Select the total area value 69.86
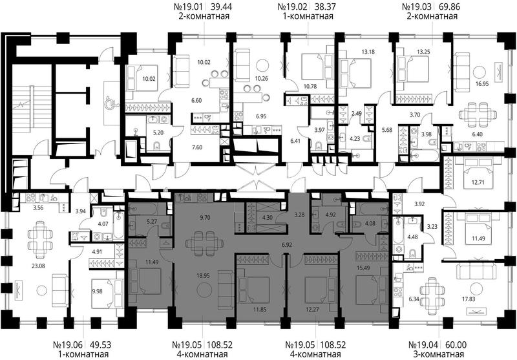tap(449, 6)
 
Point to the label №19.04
tap(423, 345)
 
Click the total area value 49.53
tap(100, 345)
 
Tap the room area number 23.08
tap(38, 266)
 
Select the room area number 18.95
tap(203, 275)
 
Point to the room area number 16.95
tap(481, 84)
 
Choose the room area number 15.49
tap(363, 268)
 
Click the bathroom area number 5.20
tap(158, 132)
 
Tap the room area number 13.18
tap(368, 52)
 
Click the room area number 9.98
tap(98, 291)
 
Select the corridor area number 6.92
tap(287, 244)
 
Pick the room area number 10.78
tap(310, 87)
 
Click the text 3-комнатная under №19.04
tap(439, 355)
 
